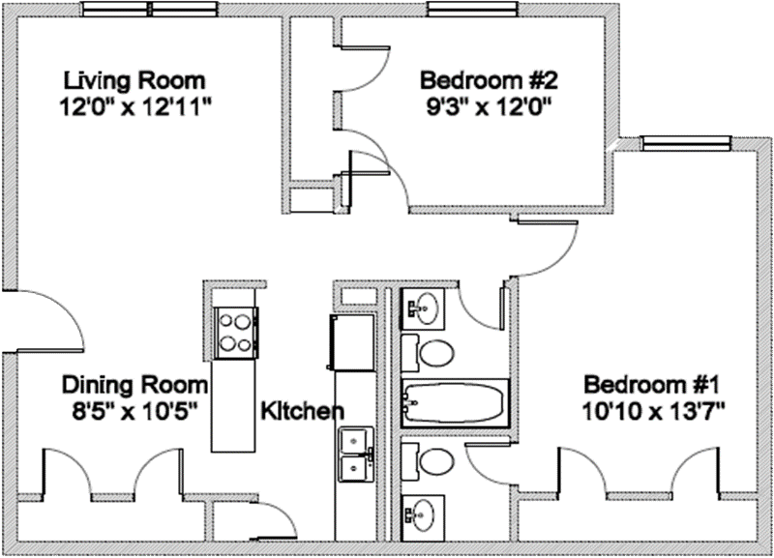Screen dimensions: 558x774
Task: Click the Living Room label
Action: tap(134, 78)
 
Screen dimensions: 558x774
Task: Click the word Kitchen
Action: tap(302, 411)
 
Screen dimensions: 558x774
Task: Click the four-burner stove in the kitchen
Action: tap(233, 330)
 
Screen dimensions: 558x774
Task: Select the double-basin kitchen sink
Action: tap(356, 455)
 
